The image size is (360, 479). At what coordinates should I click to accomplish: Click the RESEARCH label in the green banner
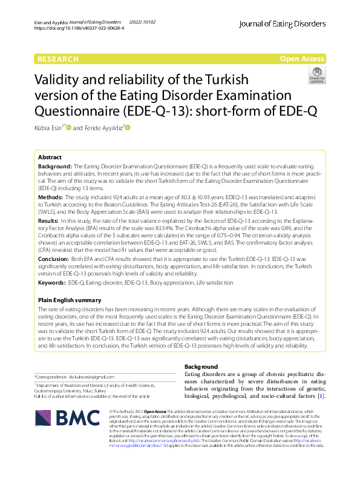click(58, 59)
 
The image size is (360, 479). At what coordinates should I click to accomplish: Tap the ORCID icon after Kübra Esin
click(70, 128)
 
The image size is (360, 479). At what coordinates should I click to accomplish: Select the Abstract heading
click(50, 157)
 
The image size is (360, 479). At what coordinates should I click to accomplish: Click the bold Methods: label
click(51, 197)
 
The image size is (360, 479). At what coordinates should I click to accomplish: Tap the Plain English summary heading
click(69, 300)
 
